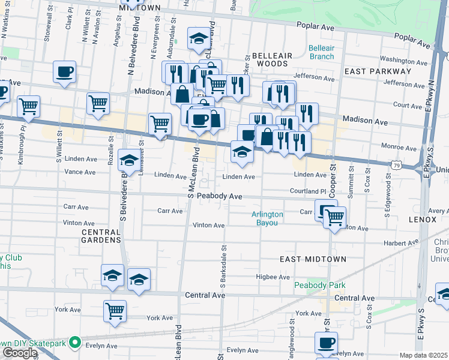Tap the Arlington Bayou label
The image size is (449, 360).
point(268,218)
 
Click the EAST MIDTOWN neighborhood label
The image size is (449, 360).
point(313,259)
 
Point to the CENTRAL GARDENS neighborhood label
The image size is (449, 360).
point(101,235)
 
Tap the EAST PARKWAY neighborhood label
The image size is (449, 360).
point(378,71)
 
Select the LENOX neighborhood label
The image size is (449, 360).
point(424,220)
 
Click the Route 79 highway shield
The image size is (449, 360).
point(396,164)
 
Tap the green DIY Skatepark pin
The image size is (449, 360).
point(75,343)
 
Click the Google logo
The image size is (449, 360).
point(20,352)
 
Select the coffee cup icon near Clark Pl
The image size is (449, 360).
point(64,72)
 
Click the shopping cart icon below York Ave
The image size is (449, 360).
point(115,310)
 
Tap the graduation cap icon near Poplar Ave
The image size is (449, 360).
point(198,40)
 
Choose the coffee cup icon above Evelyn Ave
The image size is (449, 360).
point(326,343)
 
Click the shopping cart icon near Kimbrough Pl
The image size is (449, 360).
point(28,107)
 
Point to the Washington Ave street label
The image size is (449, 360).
point(402,60)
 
